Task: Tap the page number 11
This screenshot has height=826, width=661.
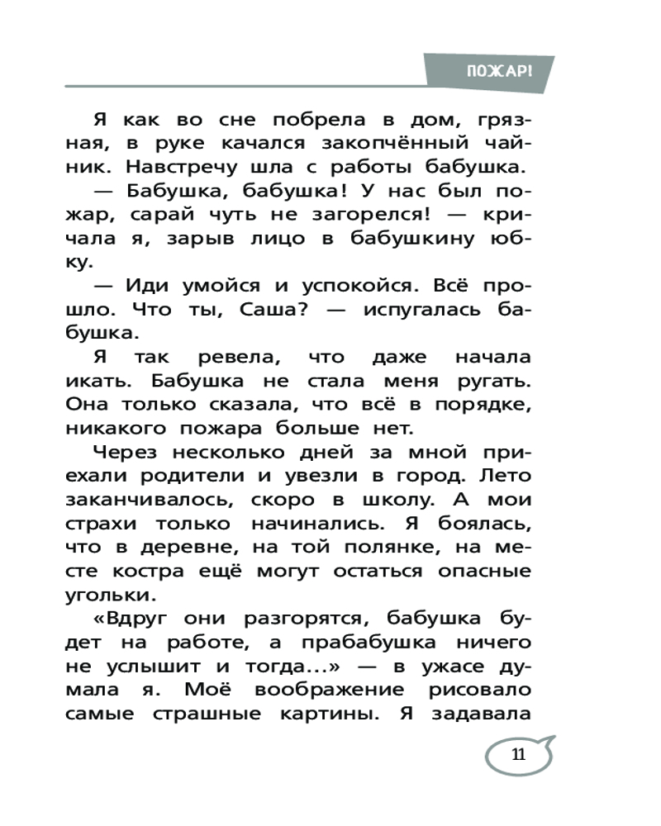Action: tap(518, 754)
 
